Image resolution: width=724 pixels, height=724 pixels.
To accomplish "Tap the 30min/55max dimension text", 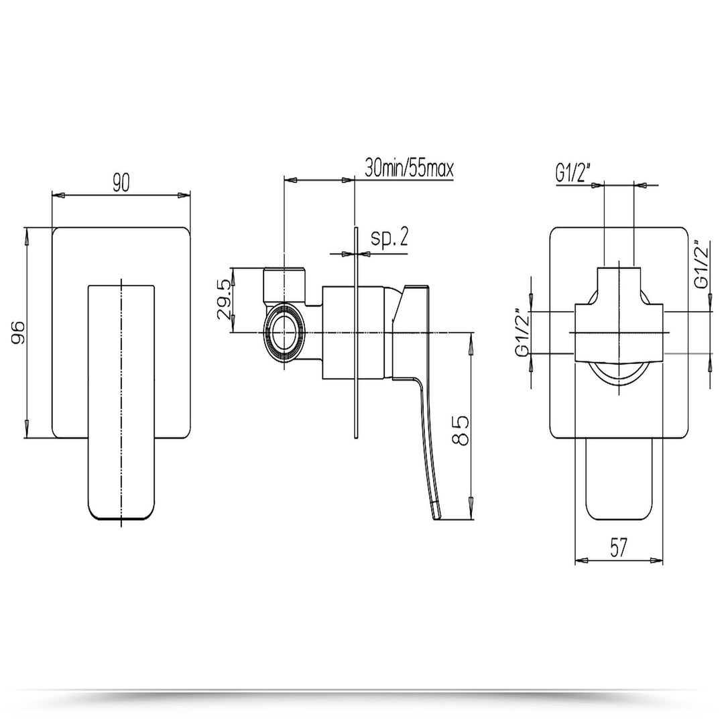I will click(409, 168).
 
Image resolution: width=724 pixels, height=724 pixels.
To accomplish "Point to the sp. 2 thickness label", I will click(389, 238).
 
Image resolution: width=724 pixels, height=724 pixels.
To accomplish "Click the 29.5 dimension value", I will click(225, 300).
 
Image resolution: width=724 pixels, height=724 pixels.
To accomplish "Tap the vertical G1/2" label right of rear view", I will click(701, 264).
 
